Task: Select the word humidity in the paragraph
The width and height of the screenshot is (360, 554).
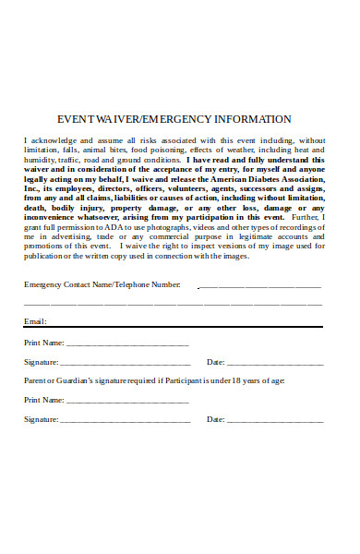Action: [40, 159]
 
